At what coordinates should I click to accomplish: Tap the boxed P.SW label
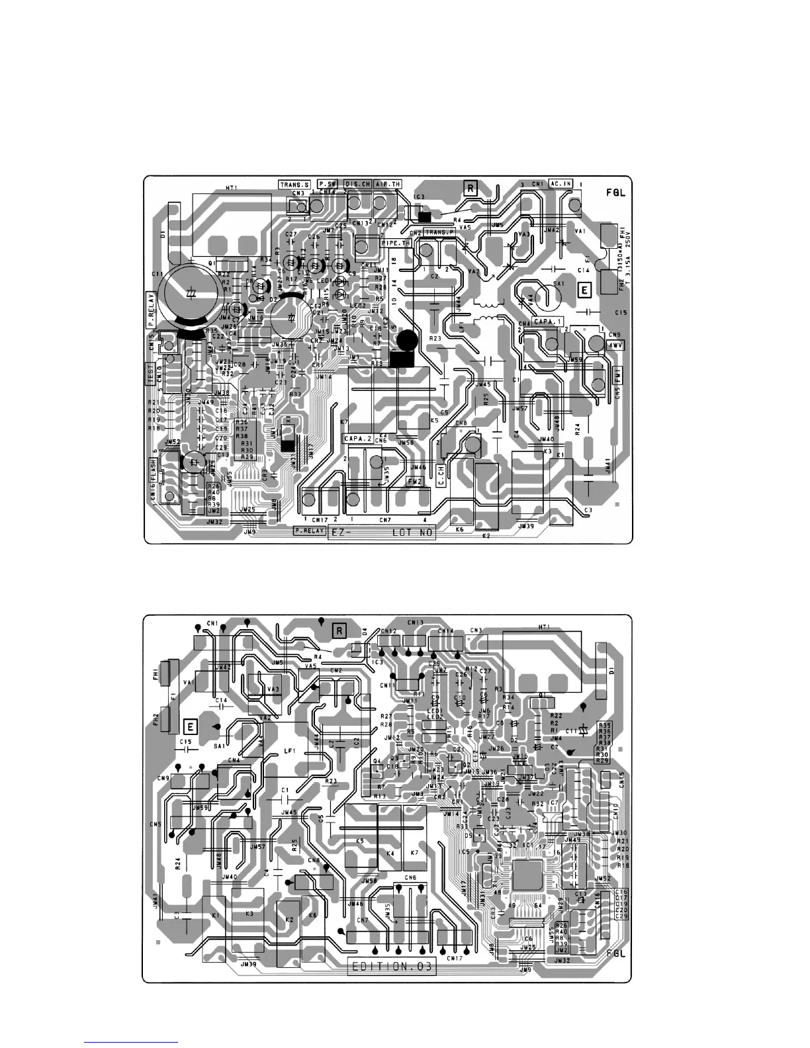pos(329,184)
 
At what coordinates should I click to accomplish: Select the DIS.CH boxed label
pos(357,184)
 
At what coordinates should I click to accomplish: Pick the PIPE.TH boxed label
pos(396,243)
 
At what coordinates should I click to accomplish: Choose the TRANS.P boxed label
pos(438,232)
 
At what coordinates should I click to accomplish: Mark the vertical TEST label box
pos(151,373)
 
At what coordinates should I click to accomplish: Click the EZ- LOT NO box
pos(382,533)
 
